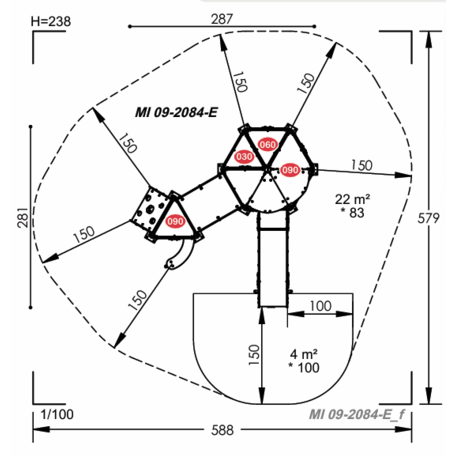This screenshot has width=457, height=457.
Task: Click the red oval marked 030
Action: point(244,157)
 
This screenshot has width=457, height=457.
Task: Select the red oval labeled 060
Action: point(267,145)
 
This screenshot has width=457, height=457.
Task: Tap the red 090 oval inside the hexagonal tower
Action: point(289,169)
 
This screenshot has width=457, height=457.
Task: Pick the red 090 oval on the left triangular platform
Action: point(177,221)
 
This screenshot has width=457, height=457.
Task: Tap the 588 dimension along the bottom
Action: point(222,430)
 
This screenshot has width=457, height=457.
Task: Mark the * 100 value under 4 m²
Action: point(306,370)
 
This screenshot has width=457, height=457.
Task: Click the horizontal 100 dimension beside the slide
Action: point(320,305)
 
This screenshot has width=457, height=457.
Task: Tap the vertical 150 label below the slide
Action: point(255,355)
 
